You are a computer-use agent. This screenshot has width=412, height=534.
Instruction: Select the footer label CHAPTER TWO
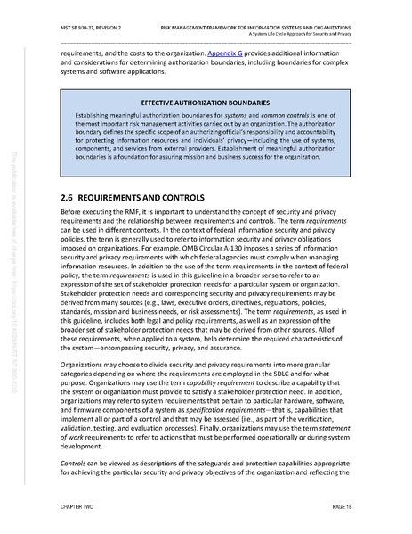(79, 511)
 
